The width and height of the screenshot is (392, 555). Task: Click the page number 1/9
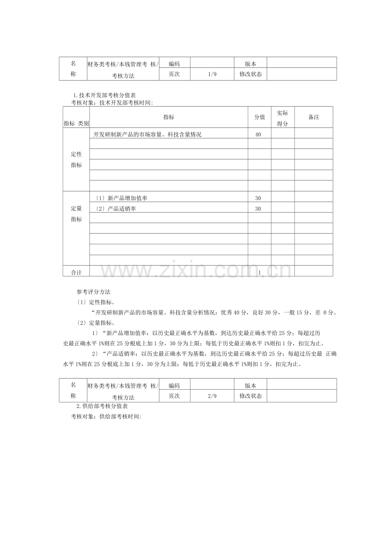click(x=212, y=74)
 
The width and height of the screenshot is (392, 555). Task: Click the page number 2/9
click(x=212, y=396)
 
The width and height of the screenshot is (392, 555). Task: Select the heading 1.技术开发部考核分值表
click(x=104, y=95)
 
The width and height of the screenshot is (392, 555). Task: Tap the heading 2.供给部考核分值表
click(x=104, y=406)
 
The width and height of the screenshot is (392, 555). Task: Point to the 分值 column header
click(x=259, y=117)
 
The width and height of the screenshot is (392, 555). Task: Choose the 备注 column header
click(x=314, y=117)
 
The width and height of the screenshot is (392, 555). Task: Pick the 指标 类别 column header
click(x=76, y=123)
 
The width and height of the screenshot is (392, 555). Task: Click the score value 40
click(x=258, y=134)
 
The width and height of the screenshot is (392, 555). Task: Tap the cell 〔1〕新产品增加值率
click(x=121, y=198)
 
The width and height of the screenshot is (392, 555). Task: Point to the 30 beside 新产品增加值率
click(x=258, y=198)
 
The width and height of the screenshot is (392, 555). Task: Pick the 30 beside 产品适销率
click(x=258, y=209)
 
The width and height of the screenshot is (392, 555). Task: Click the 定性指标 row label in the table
click(x=76, y=160)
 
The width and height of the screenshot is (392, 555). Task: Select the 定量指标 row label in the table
click(x=76, y=214)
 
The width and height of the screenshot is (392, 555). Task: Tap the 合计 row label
click(x=76, y=272)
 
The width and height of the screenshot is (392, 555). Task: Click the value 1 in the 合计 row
click(x=259, y=272)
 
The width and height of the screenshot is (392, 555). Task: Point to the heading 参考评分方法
click(x=93, y=292)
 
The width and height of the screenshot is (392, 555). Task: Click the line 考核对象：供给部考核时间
click(x=106, y=416)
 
